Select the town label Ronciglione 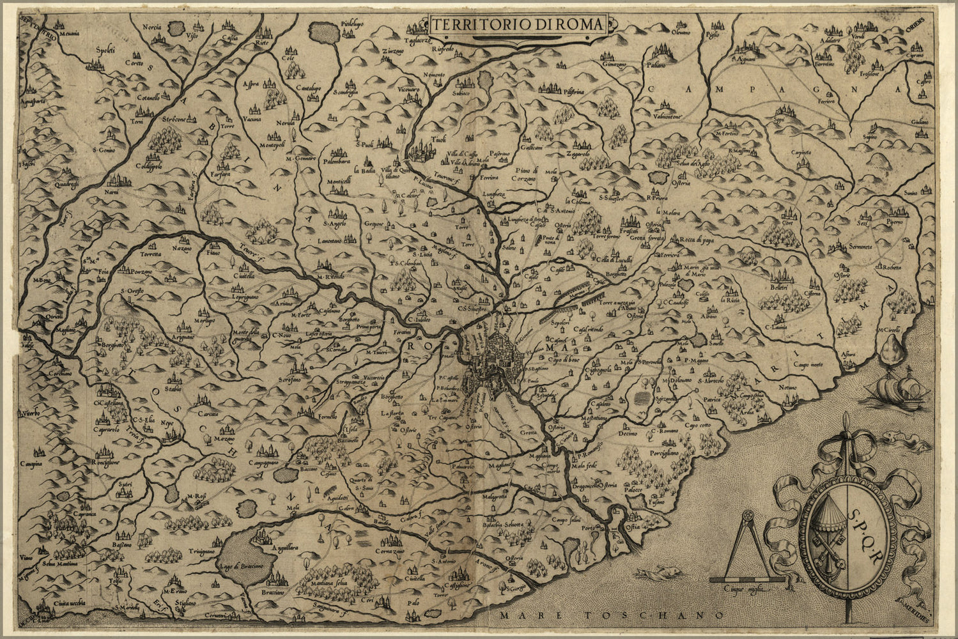pos(107,460)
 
